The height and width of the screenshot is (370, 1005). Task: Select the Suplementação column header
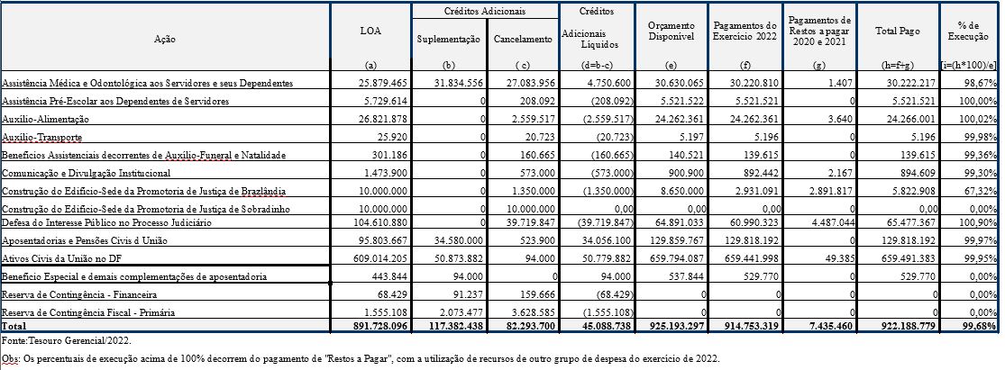tap(448, 41)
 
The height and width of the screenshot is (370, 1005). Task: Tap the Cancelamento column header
tap(523, 41)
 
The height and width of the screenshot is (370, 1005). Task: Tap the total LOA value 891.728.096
tap(380, 324)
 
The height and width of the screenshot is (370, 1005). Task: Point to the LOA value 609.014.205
tap(382, 258)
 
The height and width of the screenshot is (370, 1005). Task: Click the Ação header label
tap(165, 41)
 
